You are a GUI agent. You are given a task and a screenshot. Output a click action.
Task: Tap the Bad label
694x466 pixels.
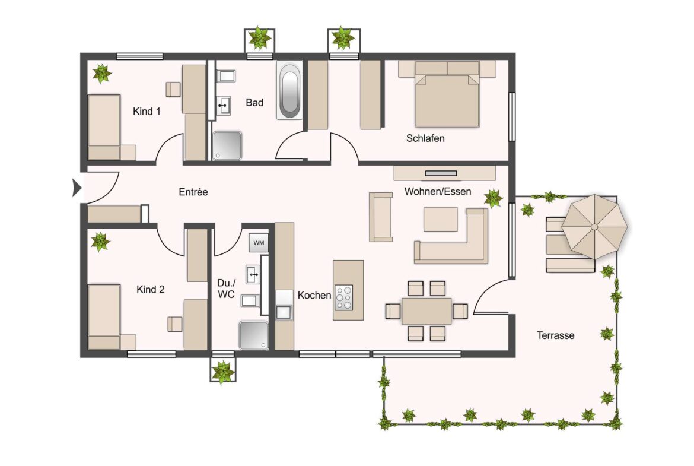[x=254, y=103]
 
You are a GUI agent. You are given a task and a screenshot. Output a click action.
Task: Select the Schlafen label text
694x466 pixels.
[x=425, y=138]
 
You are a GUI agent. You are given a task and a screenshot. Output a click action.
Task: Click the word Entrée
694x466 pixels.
[x=193, y=192]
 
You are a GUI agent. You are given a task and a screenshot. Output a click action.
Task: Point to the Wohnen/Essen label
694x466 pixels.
[x=438, y=191]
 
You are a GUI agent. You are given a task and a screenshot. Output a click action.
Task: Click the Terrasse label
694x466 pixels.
[x=555, y=335]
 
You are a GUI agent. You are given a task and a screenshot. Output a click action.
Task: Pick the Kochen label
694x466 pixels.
[x=314, y=295]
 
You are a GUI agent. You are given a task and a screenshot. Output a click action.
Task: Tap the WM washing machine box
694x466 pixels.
[x=258, y=243]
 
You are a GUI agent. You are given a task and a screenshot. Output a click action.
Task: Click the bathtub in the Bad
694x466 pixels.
[x=289, y=93]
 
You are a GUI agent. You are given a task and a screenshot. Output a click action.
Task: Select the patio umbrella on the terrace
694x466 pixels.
[x=594, y=226]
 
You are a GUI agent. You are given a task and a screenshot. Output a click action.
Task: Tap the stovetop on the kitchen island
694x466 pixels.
[x=344, y=297]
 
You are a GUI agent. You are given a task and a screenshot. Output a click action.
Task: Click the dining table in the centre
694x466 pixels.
[x=426, y=311]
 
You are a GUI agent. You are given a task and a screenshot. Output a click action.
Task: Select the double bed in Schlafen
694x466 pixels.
[x=447, y=99]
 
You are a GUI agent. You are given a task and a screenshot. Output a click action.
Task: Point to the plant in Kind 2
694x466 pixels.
[x=100, y=242]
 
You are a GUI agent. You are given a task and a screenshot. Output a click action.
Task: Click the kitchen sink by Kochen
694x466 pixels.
[x=284, y=311]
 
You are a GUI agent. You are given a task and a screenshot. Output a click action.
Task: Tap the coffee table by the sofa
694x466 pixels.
[x=440, y=219]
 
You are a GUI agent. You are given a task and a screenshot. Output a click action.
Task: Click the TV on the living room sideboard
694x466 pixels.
[x=441, y=173]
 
